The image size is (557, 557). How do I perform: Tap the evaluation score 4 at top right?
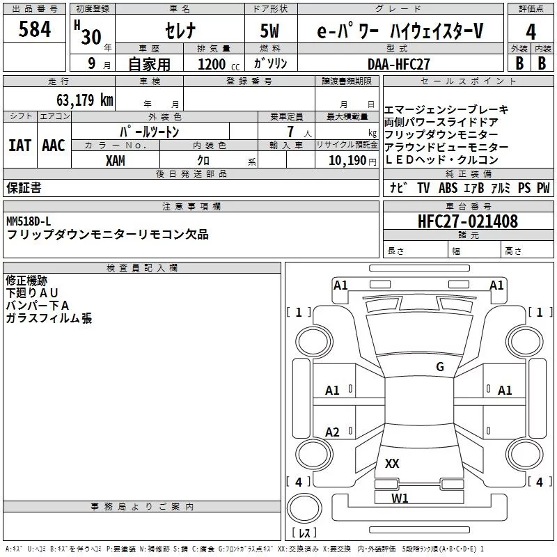click(531, 32)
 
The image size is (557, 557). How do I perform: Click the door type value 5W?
click(270, 31)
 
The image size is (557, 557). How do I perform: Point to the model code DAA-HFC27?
click(399, 63)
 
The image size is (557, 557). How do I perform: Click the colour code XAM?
click(116, 160)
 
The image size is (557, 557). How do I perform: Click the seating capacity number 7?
click(290, 132)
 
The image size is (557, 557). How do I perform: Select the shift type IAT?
click(19, 146)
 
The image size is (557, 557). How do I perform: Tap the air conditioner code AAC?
click(54, 146)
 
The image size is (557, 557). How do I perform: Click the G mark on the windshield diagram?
click(439, 367)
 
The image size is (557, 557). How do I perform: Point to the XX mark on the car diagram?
click(392, 463)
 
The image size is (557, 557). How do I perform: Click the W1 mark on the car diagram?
click(400, 498)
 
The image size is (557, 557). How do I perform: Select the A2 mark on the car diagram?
click(333, 432)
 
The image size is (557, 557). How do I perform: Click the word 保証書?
click(24, 187)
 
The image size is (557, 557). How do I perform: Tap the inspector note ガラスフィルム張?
click(49, 318)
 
